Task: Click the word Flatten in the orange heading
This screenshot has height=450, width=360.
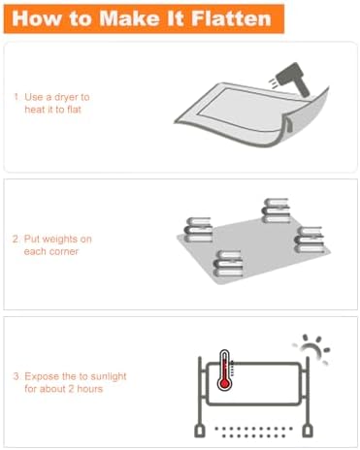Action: (x=231, y=18)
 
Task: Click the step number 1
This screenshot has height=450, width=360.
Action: (x=16, y=97)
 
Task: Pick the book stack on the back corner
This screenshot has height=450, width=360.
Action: (x=276, y=210)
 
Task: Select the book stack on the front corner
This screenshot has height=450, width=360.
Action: (x=228, y=264)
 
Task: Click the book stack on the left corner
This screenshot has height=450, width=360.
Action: (x=198, y=230)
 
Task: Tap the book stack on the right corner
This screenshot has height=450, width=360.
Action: (x=310, y=240)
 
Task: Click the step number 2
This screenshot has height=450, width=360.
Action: (x=16, y=240)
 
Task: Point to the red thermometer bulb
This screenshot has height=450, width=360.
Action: (x=224, y=384)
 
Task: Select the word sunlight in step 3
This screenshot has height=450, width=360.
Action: (x=109, y=377)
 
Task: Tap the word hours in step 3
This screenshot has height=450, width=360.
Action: (x=89, y=389)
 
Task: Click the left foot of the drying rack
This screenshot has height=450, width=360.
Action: (x=200, y=432)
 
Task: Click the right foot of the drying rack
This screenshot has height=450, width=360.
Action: (x=308, y=432)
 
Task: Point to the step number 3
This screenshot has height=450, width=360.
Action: (x=16, y=376)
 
